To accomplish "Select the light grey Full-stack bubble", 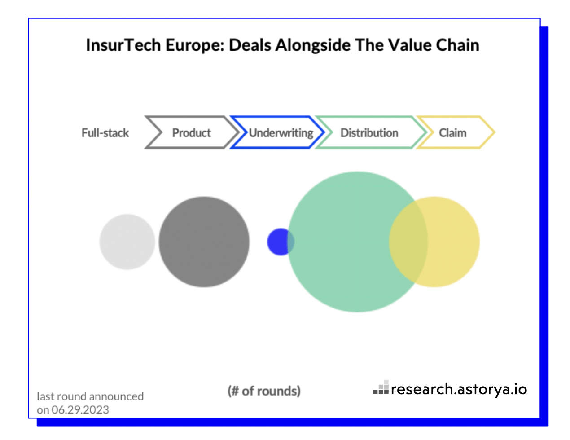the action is pos(127,242).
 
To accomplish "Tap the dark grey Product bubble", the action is pos(204,242).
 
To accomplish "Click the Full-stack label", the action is pos(105,133).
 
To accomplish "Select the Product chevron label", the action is pos(192,133).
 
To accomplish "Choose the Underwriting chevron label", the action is pos(281,133).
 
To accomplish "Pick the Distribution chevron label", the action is pos(369,133).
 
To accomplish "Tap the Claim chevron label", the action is pos(452,133).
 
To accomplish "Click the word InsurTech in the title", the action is pos(123,45).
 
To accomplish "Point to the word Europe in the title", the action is pos(195,46).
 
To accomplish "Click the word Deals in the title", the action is pos(250,45).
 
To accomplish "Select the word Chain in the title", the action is pos(457,45).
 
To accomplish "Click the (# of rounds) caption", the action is pos(264,391).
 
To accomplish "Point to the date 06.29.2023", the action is pos(80,410).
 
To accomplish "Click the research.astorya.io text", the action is pos(459,389).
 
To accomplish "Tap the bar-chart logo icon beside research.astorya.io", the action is pos(381,387).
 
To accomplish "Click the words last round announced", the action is pos(90,396).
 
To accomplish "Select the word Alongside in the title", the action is pos(313,46).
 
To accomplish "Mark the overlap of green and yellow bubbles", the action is pos(408,242).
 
